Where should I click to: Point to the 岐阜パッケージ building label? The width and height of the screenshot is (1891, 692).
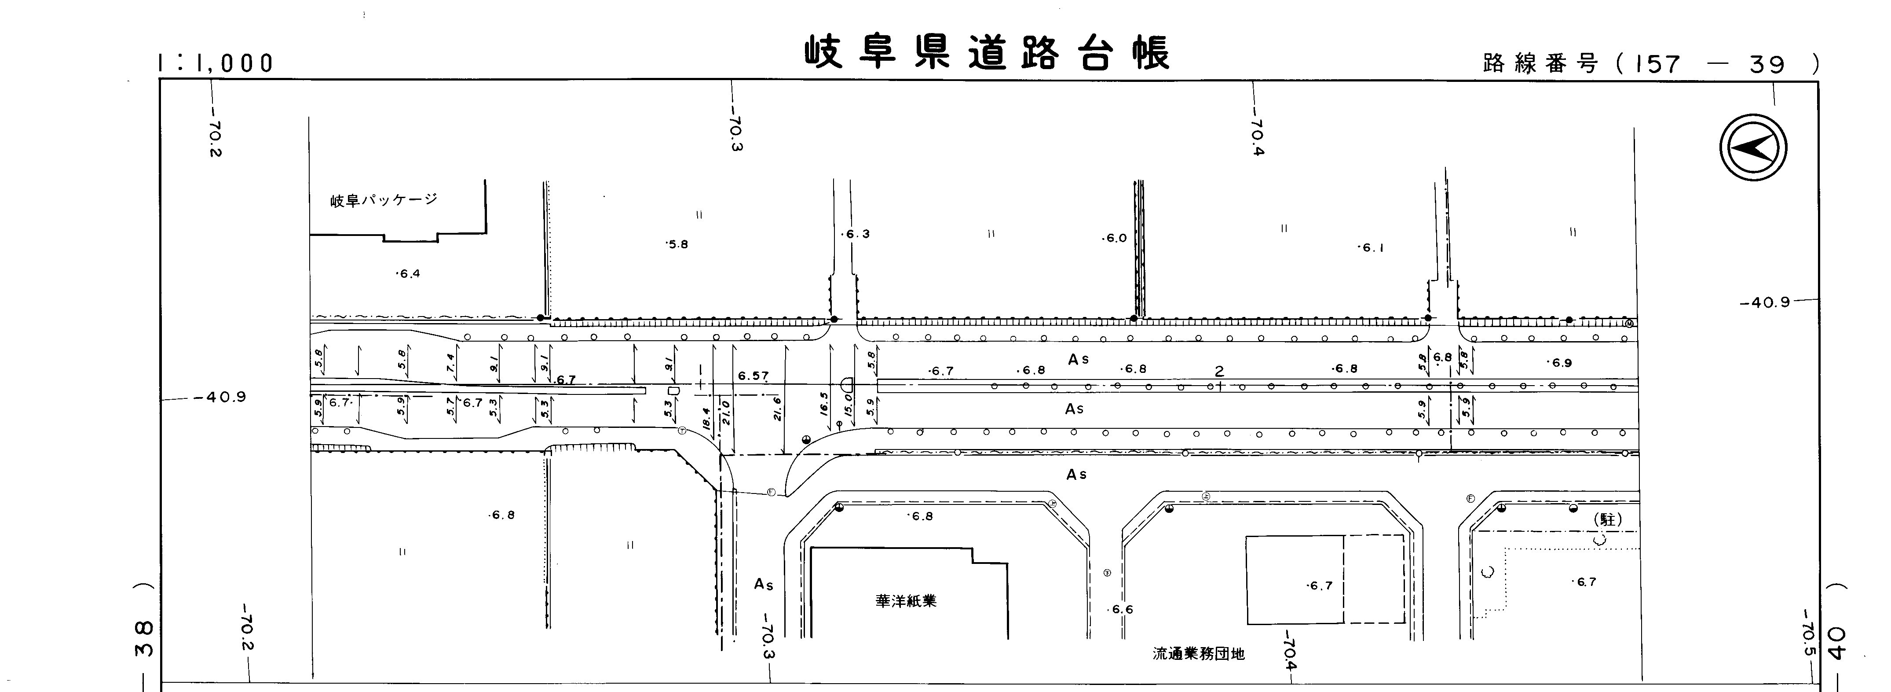383,200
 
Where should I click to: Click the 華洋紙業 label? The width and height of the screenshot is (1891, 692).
906,601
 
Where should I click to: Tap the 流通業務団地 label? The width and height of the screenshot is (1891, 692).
1199,653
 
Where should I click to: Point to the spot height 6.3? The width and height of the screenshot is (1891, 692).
856,234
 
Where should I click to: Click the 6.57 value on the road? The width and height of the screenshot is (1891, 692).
753,376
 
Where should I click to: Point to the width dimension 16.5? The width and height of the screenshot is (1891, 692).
823,404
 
